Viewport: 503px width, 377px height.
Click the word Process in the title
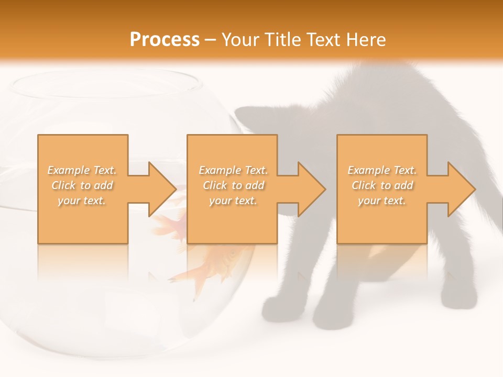pos(165,40)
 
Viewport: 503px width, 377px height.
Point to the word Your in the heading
pos(240,40)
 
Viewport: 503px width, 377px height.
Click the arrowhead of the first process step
pos(162,189)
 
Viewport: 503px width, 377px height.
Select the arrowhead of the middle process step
pos(311,189)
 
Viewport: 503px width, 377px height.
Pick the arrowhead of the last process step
pos(461,189)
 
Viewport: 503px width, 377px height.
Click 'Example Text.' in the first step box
pos(82,170)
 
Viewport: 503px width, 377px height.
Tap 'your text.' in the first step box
pos(82,201)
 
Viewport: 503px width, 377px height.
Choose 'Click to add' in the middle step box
pos(233,185)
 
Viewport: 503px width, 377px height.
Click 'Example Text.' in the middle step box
pos(233,170)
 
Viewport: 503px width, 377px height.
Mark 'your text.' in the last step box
pos(382,201)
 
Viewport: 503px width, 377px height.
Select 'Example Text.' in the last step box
pos(382,170)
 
